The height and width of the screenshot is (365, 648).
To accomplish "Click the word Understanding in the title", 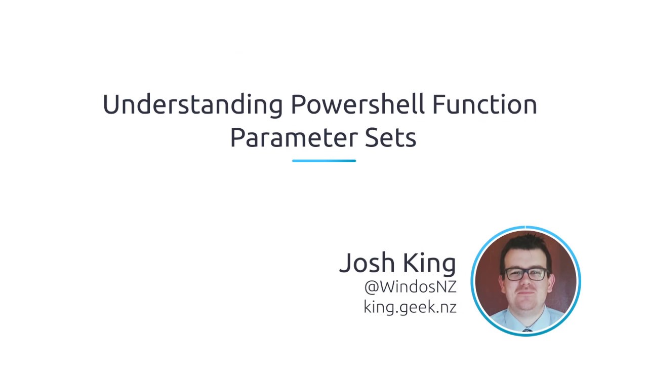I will coord(192,105).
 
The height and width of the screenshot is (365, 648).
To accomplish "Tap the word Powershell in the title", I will coord(357,105).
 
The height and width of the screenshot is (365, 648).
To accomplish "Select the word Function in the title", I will coord(484,105).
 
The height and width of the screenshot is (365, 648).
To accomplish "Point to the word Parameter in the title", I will coord(294,138).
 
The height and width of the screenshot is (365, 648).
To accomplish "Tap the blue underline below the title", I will coord(324,161).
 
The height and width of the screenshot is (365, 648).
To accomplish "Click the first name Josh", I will coord(367,263).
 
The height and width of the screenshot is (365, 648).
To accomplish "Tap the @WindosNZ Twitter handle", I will coord(410,287).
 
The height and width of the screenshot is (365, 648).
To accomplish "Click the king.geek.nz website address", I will coord(410,307).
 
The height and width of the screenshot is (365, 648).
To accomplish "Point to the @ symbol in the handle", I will coord(371,287).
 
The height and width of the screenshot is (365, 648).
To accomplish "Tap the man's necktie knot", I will coord(527,330).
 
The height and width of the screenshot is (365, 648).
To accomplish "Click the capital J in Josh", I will coord(345,263).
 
